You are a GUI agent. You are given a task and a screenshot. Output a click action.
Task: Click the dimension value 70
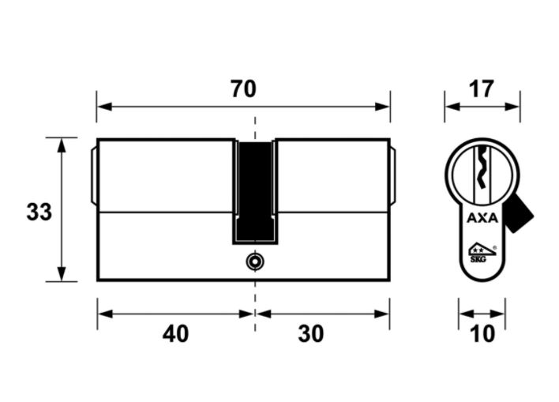coord(243,88)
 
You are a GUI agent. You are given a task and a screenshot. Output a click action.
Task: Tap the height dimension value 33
coord(39,212)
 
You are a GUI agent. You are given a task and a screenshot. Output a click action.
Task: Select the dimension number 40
coord(175,334)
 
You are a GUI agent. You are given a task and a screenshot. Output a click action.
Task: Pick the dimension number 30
coord(311,334)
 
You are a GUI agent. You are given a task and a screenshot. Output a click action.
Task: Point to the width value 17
coord(482,88)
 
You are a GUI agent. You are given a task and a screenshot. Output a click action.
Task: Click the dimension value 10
coord(482,334)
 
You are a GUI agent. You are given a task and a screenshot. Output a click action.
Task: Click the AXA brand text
coord(482,218)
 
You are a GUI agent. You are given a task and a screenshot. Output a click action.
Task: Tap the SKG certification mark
coord(482,253)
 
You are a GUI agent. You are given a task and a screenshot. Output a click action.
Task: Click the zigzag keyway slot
coord(482,167)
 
